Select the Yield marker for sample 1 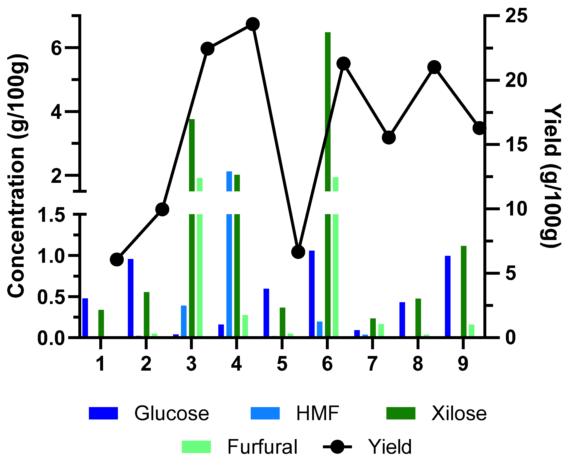click(117, 259)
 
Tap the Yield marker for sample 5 click(298, 252)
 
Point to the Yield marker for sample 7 click(389, 138)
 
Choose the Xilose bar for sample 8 click(418, 317)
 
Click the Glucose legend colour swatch click(103, 413)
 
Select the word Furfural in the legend click(262, 447)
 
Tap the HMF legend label click(318, 413)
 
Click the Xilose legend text click(459, 413)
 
